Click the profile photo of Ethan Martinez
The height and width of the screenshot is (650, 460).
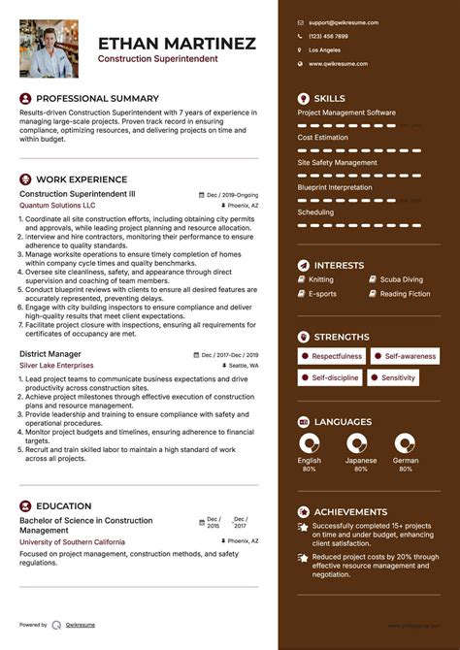(x=49, y=49)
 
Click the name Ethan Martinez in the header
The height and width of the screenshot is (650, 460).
(x=177, y=43)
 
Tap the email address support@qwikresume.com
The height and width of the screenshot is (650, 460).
(x=344, y=21)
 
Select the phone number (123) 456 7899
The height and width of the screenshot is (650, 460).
(x=328, y=35)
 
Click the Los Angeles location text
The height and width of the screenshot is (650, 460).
(x=324, y=49)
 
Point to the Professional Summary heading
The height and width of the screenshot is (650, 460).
(x=97, y=99)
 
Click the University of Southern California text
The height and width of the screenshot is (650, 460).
(x=72, y=541)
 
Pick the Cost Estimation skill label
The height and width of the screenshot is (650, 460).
(x=322, y=138)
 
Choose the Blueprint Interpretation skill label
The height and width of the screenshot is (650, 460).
(x=335, y=187)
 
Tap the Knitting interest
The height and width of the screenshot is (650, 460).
(x=321, y=279)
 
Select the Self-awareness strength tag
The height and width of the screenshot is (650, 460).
(x=409, y=356)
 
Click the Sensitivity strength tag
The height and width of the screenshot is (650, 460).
(x=398, y=377)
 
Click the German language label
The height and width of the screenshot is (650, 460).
(x=405, y=461)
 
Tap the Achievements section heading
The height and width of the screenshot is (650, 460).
(x=350, y=511)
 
